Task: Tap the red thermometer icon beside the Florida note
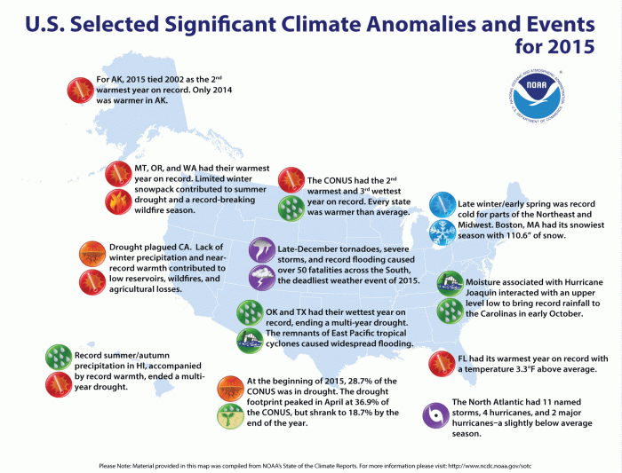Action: (442, 363)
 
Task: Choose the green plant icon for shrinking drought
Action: (231, 414)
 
